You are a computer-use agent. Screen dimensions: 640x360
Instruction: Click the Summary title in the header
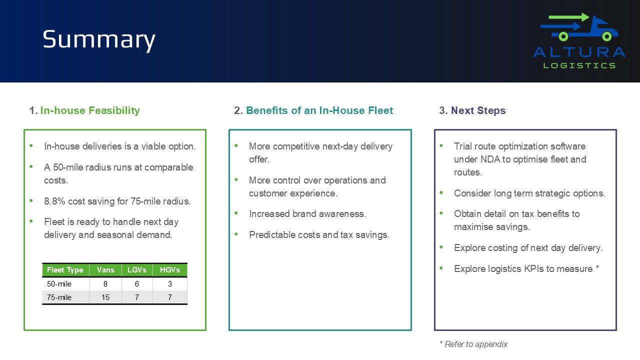click(x=99, y=39)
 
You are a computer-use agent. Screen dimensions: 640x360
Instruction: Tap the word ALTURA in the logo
click(x=579, y=52)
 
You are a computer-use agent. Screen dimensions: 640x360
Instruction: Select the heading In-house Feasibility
click(x=90, y=110)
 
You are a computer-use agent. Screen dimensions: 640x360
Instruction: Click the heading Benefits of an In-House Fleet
click(x=319, y=110)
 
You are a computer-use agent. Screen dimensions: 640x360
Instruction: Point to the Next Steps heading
click(x=478, y=110)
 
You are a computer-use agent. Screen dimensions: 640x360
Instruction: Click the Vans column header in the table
click(x=105, y=270)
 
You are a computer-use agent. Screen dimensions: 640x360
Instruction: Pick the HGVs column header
click(x=169, y=270)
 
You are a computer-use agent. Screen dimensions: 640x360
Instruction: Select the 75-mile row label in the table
click(x=59, y=297)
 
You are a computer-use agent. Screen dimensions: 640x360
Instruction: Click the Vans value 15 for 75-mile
click(x=105, y=297)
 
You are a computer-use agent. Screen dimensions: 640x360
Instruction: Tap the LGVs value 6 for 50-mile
click(x=137, y=283)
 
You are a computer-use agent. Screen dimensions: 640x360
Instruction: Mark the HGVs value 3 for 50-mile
click(x=169, y=283)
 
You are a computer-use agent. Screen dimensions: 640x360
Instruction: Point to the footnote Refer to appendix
click(x=473, y=344)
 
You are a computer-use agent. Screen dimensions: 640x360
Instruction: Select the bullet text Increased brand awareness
click(x=307, y=213)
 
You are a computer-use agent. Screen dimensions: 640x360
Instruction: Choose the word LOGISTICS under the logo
click(x=579, y=65)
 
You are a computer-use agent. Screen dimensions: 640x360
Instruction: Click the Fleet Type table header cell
click(x=65, y=270)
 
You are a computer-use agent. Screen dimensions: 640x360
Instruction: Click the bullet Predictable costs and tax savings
click(x=319, y=235)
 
